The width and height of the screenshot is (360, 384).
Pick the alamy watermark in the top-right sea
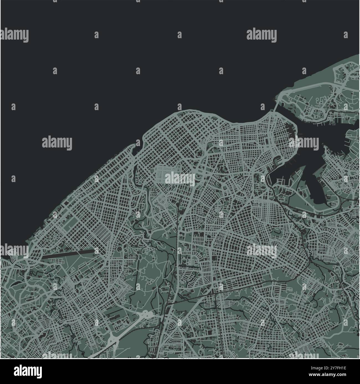click(261, 36)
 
